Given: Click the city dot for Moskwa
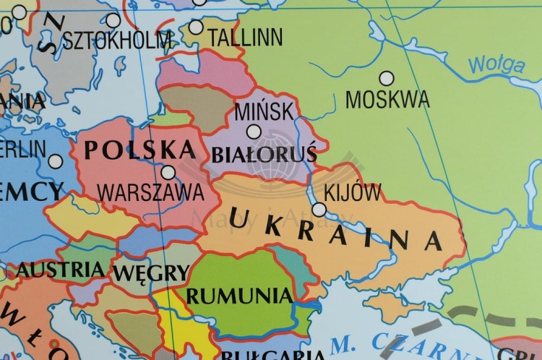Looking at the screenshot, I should pyautogui.click(x=387, y=78).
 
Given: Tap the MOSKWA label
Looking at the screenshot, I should pyautogui.click(x=387, y=99).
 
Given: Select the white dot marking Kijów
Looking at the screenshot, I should pyautogui.click(x=319, y=209).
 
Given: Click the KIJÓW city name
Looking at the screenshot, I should pyautogui.click(x=353, y=193).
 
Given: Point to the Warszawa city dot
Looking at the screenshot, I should pyautogui.click(x=168, y=172).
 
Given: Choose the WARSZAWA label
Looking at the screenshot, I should pyautogui.click(x=150, y=192).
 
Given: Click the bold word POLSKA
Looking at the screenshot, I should pyautogui.click(x=140, y=150).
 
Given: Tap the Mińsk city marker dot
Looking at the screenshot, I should pyautogui.click(x=254, y=131).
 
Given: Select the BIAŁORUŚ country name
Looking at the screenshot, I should pyautogui.click(x=264, y=154).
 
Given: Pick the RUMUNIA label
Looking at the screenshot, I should pyautogui.click(x=239, y=296).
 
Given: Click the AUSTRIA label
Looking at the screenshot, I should pyautogui.click(x=61, y=270).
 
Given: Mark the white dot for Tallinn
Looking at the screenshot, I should pyautogui.click(x=196, y=27).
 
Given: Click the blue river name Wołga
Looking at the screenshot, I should pyautogui.click(x=496, y=65).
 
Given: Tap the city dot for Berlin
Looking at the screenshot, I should pyautogui.click(x=55, y=161).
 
